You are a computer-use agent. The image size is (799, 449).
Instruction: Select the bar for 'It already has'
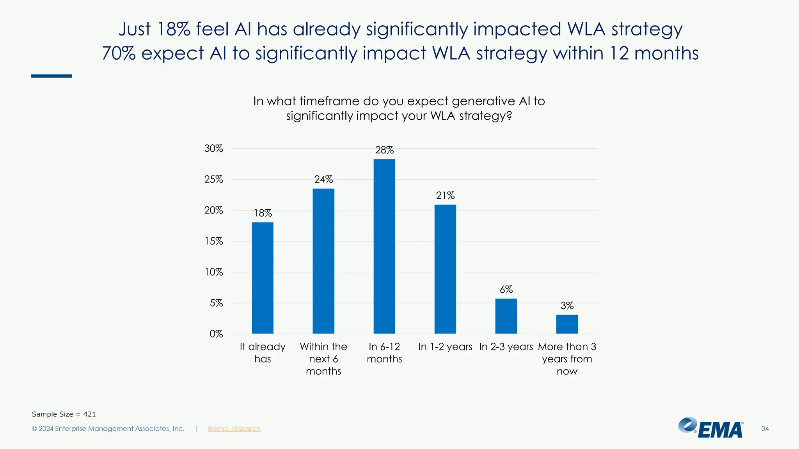click(x=263, y=278)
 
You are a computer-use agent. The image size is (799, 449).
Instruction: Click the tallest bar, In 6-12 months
click(x=384, y=246)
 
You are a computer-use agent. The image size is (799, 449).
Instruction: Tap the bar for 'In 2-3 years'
click(x=506, y=316)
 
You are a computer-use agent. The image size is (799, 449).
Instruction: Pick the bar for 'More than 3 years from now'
click(x=567, y=324)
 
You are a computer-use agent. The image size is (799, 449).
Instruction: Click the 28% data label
click(x=384, y=150)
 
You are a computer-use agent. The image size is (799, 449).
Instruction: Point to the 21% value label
click(x=445, y=195)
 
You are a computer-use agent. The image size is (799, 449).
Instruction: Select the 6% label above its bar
click(x=506, y=290)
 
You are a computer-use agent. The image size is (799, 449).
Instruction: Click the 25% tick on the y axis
click(x=213, y=179)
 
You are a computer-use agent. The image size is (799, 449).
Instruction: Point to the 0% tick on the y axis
click(x=216, y=334)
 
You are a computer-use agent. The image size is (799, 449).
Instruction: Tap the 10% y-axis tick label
click(x=214, y=272)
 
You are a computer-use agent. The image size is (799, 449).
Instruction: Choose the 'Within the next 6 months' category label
click(x=323, y=359)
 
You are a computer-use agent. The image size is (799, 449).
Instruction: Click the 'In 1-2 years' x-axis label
click(x=445, y=346)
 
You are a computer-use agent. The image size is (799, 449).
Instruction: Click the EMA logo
click(x=711, y=428)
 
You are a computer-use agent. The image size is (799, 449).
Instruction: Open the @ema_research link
click(x=234, y=429)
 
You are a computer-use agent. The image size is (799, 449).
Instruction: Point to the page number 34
click(x=765, y=429)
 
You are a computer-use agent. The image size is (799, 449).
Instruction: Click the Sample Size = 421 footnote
click(x=64, y=414)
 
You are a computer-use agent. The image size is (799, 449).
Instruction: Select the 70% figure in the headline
click(x=119, y=53)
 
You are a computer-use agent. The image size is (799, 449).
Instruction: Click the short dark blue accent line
click(x=51, y=76)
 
